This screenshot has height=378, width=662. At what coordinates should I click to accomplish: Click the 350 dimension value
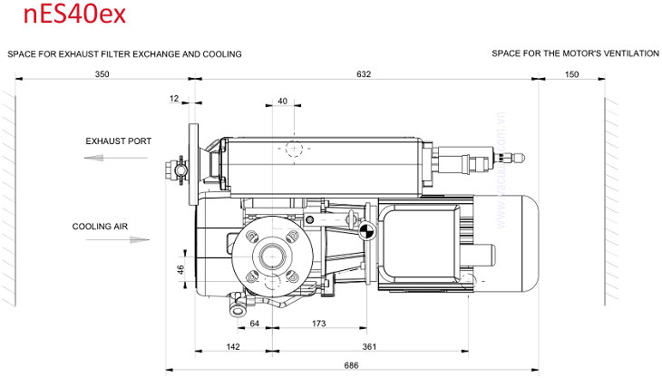coord(101,74)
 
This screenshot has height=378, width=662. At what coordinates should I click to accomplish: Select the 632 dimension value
coord(363,74)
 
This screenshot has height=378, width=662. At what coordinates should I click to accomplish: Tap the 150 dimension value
coord(571,74)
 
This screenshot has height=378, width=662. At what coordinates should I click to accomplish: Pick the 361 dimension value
coord(369,346)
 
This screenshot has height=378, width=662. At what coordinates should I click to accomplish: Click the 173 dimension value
coord(318,324)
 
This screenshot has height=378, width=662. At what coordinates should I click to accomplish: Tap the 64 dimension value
coord(255,324)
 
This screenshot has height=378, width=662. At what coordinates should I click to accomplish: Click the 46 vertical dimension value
coord(180,269)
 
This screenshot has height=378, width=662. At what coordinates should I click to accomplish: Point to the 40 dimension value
coord(283,102)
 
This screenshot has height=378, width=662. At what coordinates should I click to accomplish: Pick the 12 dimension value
coord(173,98)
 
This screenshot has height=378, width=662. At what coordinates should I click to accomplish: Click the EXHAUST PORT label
coord(119,141)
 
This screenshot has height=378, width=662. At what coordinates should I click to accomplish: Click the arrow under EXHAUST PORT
coord(115,158)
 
